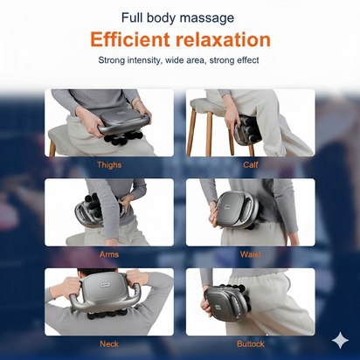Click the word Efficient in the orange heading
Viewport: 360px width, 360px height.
pyautogui.click(x=131, y=39)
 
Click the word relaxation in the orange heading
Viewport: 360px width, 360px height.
pyautogui.click(x=223, y=39)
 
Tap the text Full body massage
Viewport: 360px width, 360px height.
pyautogui.click(x=179, y=17)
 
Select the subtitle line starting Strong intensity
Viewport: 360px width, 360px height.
pyautogui.click(x=179, y=60)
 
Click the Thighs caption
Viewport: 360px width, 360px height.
pyautogui.click(x=109, y=164)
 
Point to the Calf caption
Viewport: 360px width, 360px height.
pyautogui.click(x=250, y=164)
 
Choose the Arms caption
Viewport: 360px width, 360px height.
pyautogui.click(x=109, y=254)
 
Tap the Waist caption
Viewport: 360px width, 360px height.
pyautogui.click(x=250, y=254)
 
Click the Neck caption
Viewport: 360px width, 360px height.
pyautogui.click(x=109, y=343)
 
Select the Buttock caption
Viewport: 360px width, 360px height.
pyautogui.click(x=250, y=343)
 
